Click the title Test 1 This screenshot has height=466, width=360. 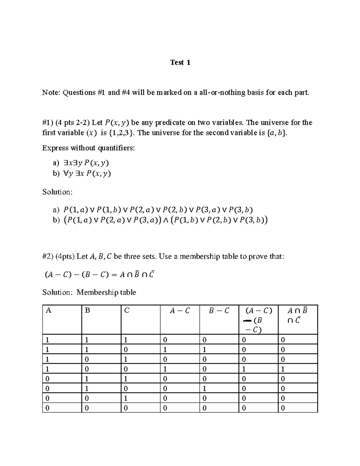(x=180, y=62)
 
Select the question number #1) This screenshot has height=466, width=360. (x=48, y=122)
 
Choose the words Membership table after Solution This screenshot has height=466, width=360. (x=106, y=292)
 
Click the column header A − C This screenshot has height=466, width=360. (x=179, y=311)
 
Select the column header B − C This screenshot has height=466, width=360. (x=219, y=311)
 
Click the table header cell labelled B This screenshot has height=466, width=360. (x=87, y=311)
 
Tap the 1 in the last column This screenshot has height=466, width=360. (x=283, y=369)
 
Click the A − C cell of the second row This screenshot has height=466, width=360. (x=165, y=350)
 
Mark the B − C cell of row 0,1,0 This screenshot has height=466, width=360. (x=204, y=389)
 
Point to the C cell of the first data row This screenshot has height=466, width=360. (x=126, y=340)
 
